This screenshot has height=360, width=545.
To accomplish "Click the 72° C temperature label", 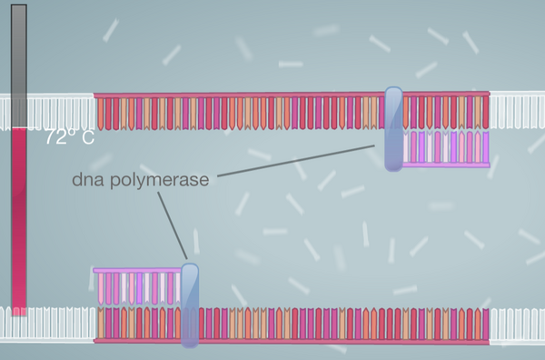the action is point(69,139).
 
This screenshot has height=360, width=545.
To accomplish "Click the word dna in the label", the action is point(88,180).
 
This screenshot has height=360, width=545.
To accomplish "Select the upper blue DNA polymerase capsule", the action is point(393,128).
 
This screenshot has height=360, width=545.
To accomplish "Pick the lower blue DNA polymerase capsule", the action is point(189,305).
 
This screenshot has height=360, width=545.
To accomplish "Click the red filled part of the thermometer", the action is point(19,218).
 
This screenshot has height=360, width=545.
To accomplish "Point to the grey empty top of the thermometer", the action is point(19,64).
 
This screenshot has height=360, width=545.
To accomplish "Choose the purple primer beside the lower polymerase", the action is point(136,286).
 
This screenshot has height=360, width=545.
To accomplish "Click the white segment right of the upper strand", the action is point(517,110).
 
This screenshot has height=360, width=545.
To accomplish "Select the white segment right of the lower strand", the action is point(517,325).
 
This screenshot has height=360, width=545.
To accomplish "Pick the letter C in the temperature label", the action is point(87,139).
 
